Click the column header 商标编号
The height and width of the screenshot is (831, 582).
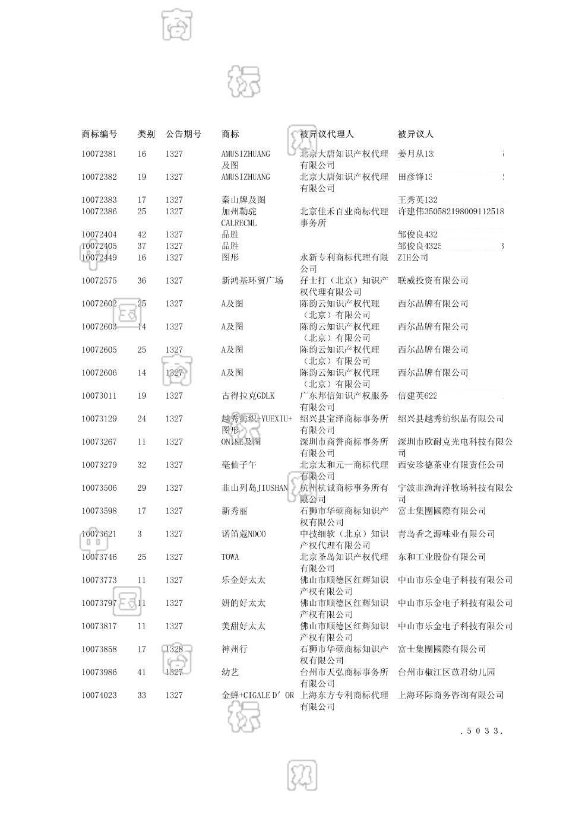coord(99,134)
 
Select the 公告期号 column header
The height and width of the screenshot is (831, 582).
coord(183,134)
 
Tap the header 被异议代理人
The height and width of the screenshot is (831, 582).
coord(327,134)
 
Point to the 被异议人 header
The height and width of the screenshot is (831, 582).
coord(416,134)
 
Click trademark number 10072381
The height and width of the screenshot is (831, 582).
coord(99,154)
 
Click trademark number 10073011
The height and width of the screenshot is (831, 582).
coord(99,396)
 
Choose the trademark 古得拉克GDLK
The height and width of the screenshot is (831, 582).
coord(248,396)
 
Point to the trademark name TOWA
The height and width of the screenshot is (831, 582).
coord(230,557)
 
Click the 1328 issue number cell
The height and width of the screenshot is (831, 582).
coord(174,649)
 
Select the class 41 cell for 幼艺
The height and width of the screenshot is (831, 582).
coord(141,673)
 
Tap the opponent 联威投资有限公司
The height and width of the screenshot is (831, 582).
coord(433,281)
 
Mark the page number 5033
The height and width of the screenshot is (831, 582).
coord(482,731)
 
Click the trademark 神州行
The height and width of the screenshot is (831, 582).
coord(234,649)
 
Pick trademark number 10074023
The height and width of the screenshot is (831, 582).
coord(99,696)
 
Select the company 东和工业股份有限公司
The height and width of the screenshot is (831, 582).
coord(442,557)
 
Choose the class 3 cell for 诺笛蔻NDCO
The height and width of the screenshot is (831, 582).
coord(140,534)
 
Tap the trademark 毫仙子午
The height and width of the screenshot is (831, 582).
coord(239,465)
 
